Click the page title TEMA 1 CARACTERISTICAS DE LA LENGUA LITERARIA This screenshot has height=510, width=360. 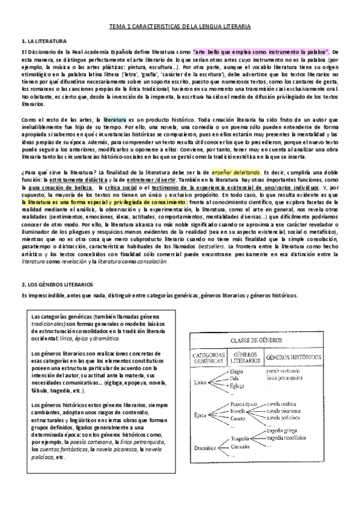click(180, 28)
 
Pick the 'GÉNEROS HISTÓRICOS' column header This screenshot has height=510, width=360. click(297, 357)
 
